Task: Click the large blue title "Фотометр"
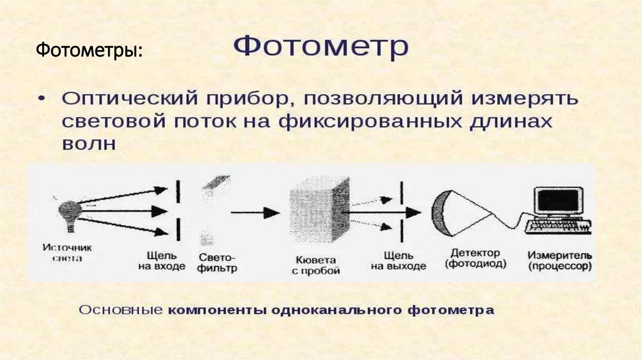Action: tap(321, 47)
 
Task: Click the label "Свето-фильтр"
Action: tap(218, 263)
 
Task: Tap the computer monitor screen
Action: tap(555, 201)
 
